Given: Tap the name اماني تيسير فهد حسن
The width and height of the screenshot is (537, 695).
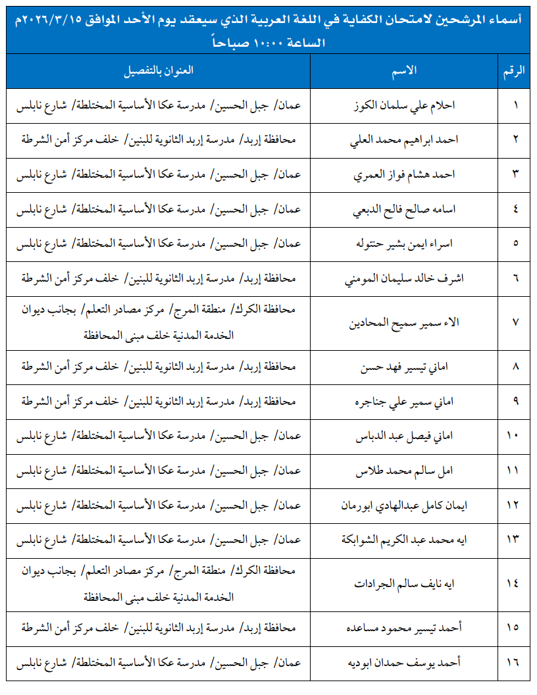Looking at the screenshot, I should pos(407,367).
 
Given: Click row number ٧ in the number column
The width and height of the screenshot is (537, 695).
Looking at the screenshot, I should pos(515,322).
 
